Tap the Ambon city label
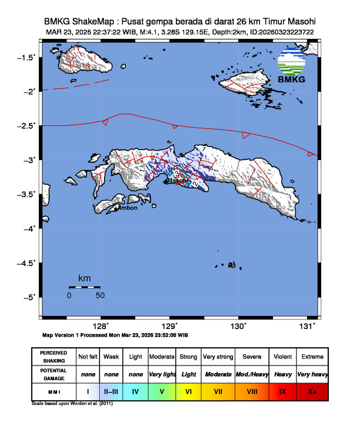pyautogui.click(x=128, y=208)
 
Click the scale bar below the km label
pyautogui.click(x=84, y=287)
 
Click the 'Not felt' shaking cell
pyautogui.click(x=88, y=357)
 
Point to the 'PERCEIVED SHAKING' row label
pyautogui.click(x=54, y=357)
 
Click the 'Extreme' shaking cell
pyautogui.click(x=312, y=357)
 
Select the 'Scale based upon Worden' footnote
pyautogui.click(x=72, y=403)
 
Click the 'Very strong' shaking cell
pyautogui.click(x=218, y=357)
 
